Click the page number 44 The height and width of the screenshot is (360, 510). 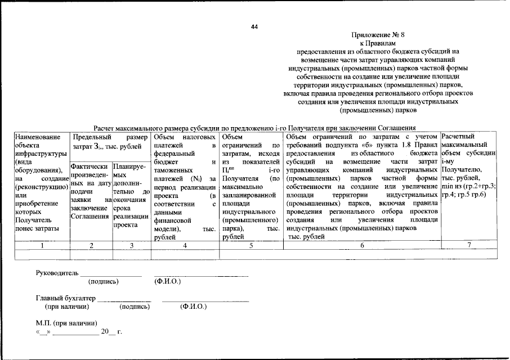pos(254,26)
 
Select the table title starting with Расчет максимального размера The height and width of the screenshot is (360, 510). pos(254,128)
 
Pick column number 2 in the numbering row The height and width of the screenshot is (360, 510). pos(91,245)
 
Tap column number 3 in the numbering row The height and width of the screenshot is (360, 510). pos(131,245)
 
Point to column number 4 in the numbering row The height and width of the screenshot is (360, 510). pos(185,245)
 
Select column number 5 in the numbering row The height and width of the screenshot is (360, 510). pos(250,245)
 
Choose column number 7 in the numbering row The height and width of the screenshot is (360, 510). pos(468,245)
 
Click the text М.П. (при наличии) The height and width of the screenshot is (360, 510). pos(66,323)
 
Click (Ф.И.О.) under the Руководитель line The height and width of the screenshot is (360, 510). pos(168,281)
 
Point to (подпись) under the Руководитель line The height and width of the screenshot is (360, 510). pos(104,281)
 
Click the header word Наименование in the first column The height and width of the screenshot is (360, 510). pos(38,137)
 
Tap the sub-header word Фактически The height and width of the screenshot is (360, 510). pos(91,167)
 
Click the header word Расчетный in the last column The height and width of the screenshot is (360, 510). pos(459,137)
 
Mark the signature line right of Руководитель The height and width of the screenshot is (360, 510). pos(110,276)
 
